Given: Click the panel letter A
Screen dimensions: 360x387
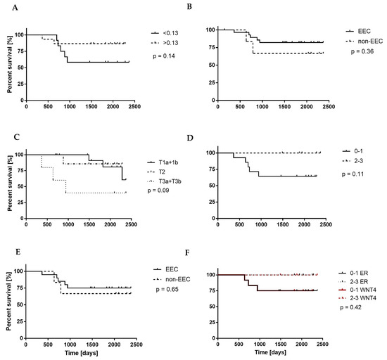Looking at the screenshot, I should pos(7,8).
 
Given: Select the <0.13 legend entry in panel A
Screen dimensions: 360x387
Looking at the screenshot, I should pos(170,33).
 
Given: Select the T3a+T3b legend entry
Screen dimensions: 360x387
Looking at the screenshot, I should pos(176,181).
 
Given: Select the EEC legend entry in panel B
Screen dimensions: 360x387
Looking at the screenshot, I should pos(364,32).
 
